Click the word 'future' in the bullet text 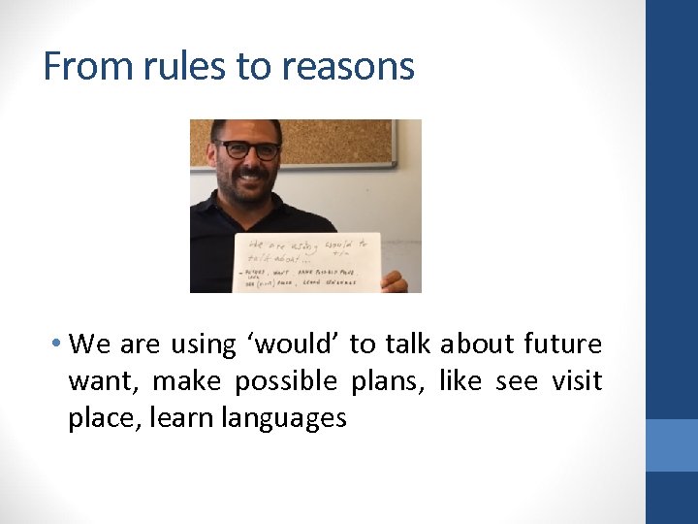click(562, 344)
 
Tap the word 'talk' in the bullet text click(407, 344)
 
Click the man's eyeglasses click(248, 150)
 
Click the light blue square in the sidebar click(672, 445)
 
